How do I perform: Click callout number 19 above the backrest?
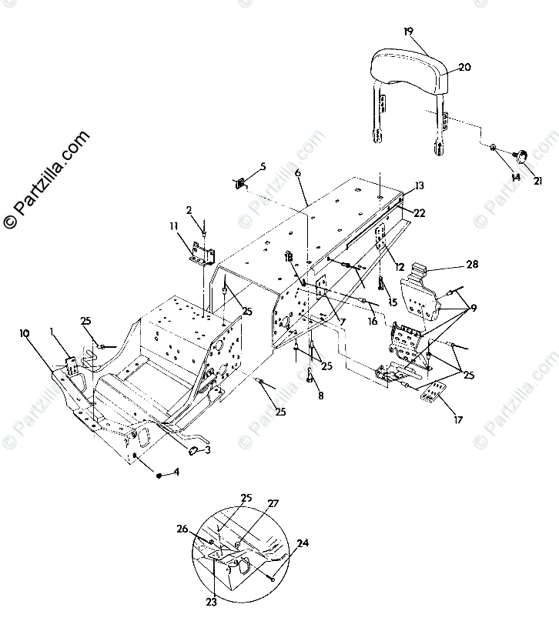(408, 32)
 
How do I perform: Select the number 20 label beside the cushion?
(464, 67)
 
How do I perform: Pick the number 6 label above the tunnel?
(297, 174)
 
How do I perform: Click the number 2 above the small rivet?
(188, 209)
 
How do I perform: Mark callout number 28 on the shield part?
(471, 265)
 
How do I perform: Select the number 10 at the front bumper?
(25, 333)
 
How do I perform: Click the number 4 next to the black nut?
(176, 472)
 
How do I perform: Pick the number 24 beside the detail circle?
(303, 543)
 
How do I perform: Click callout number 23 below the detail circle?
(211, 603)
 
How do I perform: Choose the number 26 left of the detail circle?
(182, 529)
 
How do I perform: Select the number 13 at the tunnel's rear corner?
(419, 185)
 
